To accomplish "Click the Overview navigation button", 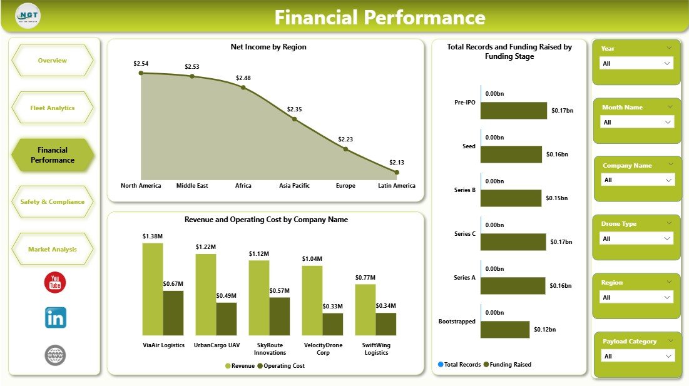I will (x=53, y=61).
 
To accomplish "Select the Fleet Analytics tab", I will (x=53, y=108).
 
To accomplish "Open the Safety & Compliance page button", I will (x=53, y=202).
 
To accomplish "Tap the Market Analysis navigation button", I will (x=53, y=250).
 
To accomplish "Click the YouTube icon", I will (x=55, y=282).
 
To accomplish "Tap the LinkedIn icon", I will (x=56, y=317).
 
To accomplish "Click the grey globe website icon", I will (x=55, y=355).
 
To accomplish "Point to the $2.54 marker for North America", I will (x=141, y=73).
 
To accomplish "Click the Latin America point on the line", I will (x=397, y=172).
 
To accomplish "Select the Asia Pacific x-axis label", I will (x=294, y=186).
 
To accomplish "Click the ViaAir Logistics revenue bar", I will (x=152, y=289).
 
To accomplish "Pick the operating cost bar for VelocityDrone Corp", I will (x=333, y=324).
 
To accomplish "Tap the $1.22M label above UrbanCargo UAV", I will (x=206, y=247).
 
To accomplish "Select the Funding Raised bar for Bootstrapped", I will (x=506, y=330).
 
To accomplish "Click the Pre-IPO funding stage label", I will (x=465, y=103).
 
